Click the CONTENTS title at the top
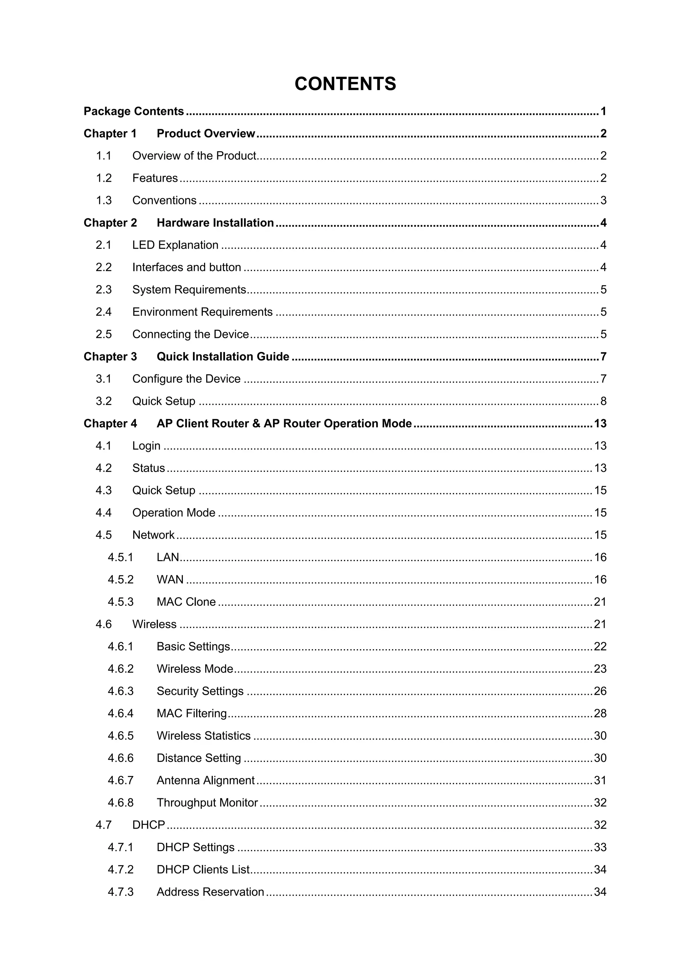(345, 84)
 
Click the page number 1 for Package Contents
(603, 112)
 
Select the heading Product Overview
(205, 134)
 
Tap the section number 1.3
(104, 200)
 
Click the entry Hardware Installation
(215, 223)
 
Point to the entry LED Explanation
(175, 245)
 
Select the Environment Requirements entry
(202, 312)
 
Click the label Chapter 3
(110, 356)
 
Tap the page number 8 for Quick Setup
(603, 401)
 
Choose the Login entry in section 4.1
(146, 446)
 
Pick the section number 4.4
(104, 513)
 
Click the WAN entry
(170, 580)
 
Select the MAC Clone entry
(186, 602)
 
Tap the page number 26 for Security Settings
(600, 691)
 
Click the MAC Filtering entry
(192, 714)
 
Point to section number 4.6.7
(120, 780)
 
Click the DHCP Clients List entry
(203, 869)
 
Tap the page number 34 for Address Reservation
(600, 892)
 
